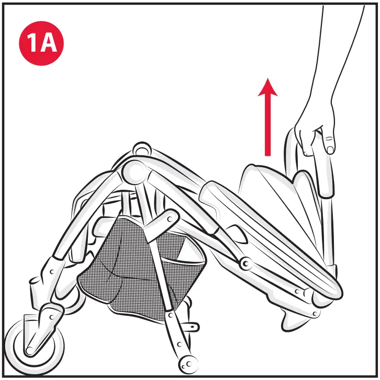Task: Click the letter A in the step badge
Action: (49, 44)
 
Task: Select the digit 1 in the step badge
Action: (33, 44)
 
